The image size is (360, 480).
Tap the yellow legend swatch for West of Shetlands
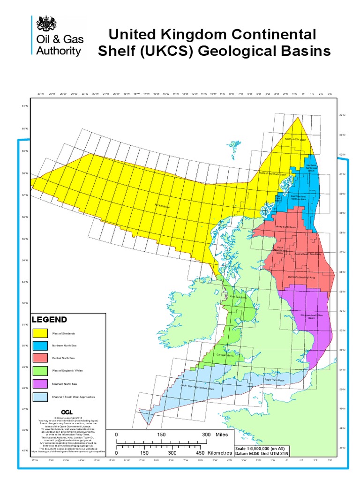41,333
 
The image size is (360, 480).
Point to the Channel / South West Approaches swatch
41,397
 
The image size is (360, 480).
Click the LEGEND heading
49,320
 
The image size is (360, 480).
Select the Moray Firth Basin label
286,227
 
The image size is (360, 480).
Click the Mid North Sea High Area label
301,277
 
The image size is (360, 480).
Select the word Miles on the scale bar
221,435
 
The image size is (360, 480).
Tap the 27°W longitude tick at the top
41,94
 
